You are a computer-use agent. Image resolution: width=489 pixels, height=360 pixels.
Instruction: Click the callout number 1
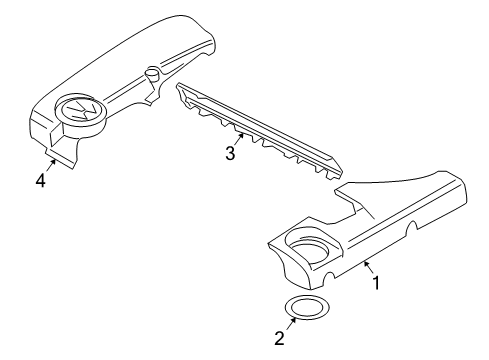coord(376,283)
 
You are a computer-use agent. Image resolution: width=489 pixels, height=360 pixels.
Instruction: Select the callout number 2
coord(279,338)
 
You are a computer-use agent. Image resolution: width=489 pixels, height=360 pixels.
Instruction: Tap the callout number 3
coord(230,154)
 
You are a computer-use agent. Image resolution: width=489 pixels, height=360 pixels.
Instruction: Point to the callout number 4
coord(40,181)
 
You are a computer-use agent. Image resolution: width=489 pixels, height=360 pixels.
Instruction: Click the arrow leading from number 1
coord(368,267)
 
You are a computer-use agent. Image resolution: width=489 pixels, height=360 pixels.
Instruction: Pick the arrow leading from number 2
coord(291,323)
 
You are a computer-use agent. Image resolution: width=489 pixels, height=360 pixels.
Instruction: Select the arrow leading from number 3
coord(239,139)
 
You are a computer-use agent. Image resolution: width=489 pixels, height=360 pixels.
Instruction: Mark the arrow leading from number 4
coord(50,165)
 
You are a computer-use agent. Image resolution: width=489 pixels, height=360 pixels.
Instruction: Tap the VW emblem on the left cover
coord(82,110)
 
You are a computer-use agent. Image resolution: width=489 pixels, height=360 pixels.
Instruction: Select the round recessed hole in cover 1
coord(309,249)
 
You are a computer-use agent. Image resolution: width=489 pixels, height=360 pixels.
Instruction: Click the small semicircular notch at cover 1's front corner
coord(329,276)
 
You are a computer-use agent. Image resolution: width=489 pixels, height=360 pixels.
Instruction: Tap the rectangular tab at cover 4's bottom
coord(59,159)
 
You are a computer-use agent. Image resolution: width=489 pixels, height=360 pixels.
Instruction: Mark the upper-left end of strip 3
coord(179,85)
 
